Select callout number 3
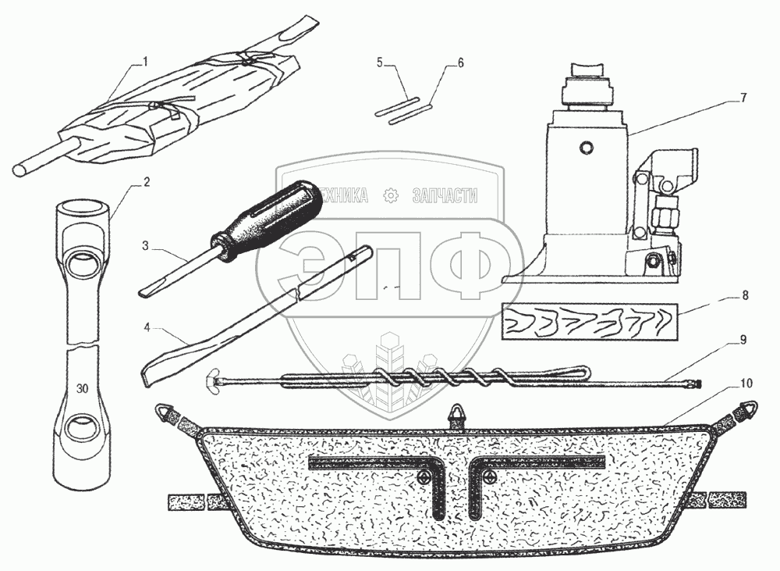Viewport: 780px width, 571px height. (145, 246)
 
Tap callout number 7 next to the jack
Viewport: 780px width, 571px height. (743, 98)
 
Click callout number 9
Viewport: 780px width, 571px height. (743, 341)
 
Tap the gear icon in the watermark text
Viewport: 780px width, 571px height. (391, 197)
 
